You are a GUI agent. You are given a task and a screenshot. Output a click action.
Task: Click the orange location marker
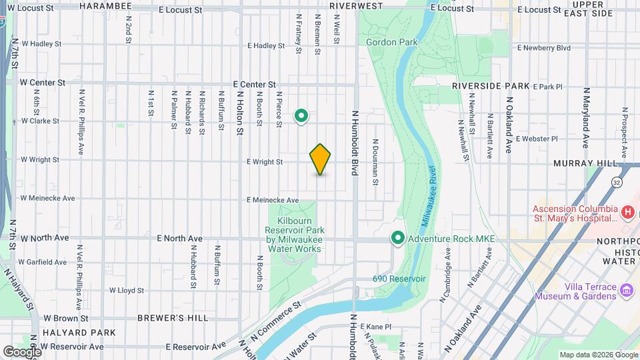pyautogui.click(x=320, y=159)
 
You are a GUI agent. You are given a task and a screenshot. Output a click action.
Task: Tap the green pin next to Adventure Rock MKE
pyautogui.click(x=398, y=237)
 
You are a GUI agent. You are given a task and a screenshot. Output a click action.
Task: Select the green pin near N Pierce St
pyautogui.click(x=301, y=117)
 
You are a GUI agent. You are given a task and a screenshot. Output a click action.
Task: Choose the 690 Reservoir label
pyautogui.click(x=399, y=279)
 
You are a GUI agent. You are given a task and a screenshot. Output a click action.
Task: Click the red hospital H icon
pyautogui.click(x=627, y=212)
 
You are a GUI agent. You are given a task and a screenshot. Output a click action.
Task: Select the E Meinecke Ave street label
pyautogui.click(x=272, y=200)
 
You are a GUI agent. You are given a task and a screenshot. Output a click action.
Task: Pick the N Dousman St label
pyautogui.click(x=375, y=162)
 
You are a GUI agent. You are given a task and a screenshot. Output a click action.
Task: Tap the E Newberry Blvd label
pyautogui.click(x=544, y=48)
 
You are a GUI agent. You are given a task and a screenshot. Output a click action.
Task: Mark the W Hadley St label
pyautogui.click(x=41, y=43)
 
